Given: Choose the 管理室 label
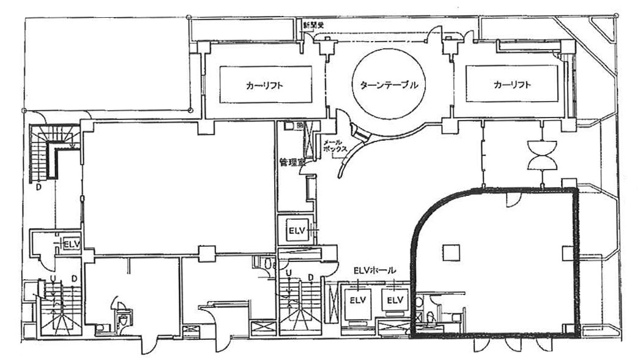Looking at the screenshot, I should [291, 162].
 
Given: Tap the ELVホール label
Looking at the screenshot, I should [375, 270].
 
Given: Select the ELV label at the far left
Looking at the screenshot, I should [72, 244].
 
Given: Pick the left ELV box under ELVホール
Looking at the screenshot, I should [357, 300].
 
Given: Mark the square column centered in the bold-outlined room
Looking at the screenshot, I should [452, 251].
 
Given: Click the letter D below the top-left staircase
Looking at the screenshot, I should [37, 187].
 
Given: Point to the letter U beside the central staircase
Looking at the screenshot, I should [288, 272].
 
